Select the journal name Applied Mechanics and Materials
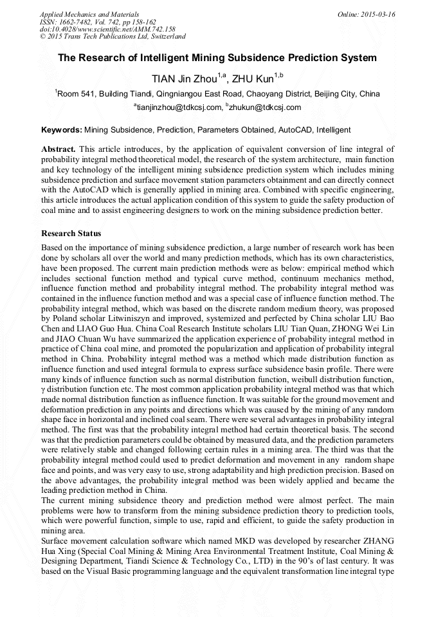tap(89, 14)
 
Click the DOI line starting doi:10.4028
tap(107, 30)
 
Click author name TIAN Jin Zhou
tap(185, 78)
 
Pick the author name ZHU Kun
tap(252, 78)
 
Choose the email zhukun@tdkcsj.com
tap(265, 107)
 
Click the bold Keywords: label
tap(62, 129)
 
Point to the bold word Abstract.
tap(59, 149)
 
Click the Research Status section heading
tap(71, 233)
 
